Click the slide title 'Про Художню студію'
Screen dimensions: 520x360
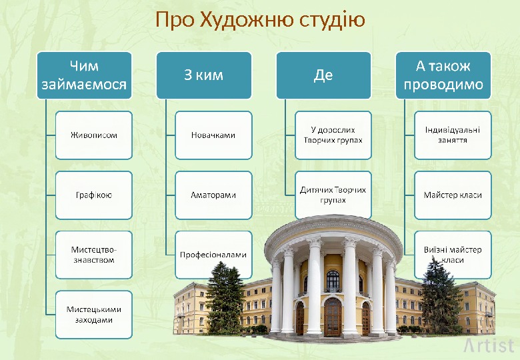coord(260,20)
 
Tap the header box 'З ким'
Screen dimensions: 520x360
coord(204,75)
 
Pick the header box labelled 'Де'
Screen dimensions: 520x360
coord(323,75)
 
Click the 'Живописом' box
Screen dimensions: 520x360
coord(94,135)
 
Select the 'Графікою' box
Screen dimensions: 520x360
coord(94,195)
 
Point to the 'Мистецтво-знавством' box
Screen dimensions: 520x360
coord(94,255)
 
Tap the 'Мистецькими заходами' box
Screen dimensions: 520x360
coord(94,314)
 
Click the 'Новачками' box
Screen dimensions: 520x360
coord(213,135)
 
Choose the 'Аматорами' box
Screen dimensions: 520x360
coord(213,195)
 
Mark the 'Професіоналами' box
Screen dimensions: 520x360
coord(213,255)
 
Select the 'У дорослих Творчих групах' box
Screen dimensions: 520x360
coord(333,135)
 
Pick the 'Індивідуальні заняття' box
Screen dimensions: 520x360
coord(453,135)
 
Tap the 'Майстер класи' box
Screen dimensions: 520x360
coord(453,195)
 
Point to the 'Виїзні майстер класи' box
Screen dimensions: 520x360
coord(453,255)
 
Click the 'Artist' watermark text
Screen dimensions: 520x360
coord(489,345)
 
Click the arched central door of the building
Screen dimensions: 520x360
coord(333,317)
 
